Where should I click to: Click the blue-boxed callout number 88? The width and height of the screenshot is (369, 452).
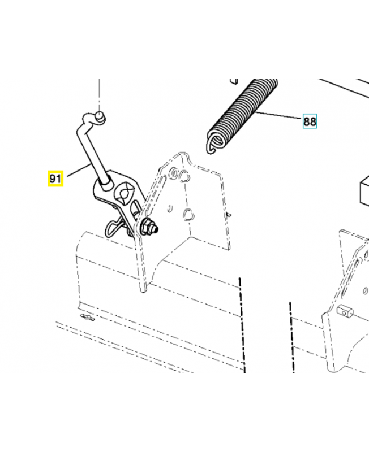coord(310,121)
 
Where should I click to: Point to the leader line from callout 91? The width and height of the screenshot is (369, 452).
coord(76,171)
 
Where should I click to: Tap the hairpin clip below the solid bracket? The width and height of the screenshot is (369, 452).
coord(116,226)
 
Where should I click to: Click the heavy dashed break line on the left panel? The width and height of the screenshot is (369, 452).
coord(242,322)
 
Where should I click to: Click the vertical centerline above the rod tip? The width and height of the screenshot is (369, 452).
coord(99,93)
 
